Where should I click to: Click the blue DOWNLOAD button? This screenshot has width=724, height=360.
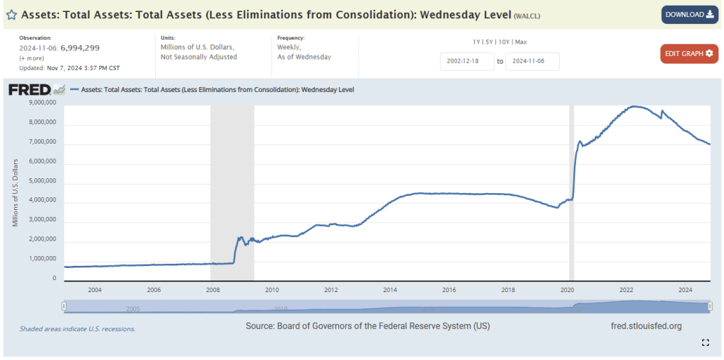coord(689,15)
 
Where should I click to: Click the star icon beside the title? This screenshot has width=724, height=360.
coord(11,15)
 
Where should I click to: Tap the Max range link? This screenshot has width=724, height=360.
coord(522,42)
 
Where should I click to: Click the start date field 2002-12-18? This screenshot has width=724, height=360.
coord(466,62)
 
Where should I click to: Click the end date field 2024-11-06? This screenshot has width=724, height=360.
coord(532,62)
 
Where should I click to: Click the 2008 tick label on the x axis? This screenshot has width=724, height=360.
coord(212,290)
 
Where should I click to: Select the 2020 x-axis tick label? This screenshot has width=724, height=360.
coord(567,290)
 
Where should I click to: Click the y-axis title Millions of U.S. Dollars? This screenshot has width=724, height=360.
coord(15,192)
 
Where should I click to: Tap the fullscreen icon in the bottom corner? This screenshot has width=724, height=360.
coord(705,342)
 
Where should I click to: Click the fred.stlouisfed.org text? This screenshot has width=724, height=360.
coord(645,326)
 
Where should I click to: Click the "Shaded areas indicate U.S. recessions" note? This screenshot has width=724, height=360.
coord(78,329)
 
